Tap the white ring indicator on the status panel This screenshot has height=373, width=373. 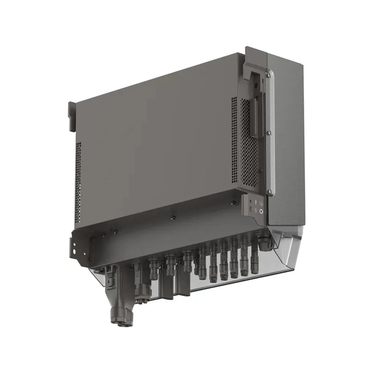pos(261,211)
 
